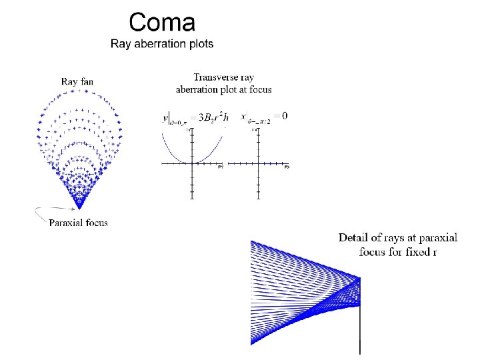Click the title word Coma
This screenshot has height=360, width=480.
click(x=162, y=23)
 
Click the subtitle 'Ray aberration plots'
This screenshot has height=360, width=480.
click(x=162, y=44)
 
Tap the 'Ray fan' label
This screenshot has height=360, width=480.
click(x=77, y=81)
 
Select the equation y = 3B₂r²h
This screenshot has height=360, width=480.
click(x=196, y=118)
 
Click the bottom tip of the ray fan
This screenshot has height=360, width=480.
click(x=79, y=208)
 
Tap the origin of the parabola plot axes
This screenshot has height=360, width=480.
click(x=192, y=163)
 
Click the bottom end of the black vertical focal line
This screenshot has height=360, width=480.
click(x=360, y=352)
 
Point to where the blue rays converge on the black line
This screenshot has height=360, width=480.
click(x=360, y=279)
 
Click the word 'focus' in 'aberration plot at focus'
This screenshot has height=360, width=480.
click(x=259, y=89)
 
